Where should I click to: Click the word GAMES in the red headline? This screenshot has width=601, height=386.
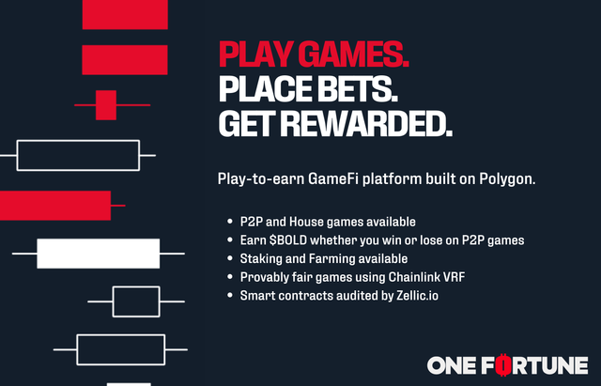(353, 54)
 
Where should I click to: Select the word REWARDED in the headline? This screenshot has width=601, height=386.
(366, 124)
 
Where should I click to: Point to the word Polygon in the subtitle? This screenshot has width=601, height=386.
(507, 179)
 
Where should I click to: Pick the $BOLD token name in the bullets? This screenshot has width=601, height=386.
(288, 240)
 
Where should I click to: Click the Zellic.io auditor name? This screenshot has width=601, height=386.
(417, 296)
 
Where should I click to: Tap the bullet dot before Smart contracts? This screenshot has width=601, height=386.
(230, 296)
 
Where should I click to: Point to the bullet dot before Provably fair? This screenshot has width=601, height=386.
(230, 277)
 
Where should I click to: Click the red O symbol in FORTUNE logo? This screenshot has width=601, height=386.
(502, 365)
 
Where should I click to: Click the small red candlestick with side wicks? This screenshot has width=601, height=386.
(106, 105)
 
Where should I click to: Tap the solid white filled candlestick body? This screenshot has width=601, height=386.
(98, 254)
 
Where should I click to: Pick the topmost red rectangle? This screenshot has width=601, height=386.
(125, 14)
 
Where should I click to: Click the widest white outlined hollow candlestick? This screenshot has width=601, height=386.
(78, 141)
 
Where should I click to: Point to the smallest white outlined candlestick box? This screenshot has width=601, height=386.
(136, 287)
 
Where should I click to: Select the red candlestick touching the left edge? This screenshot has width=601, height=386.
(55, 206)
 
